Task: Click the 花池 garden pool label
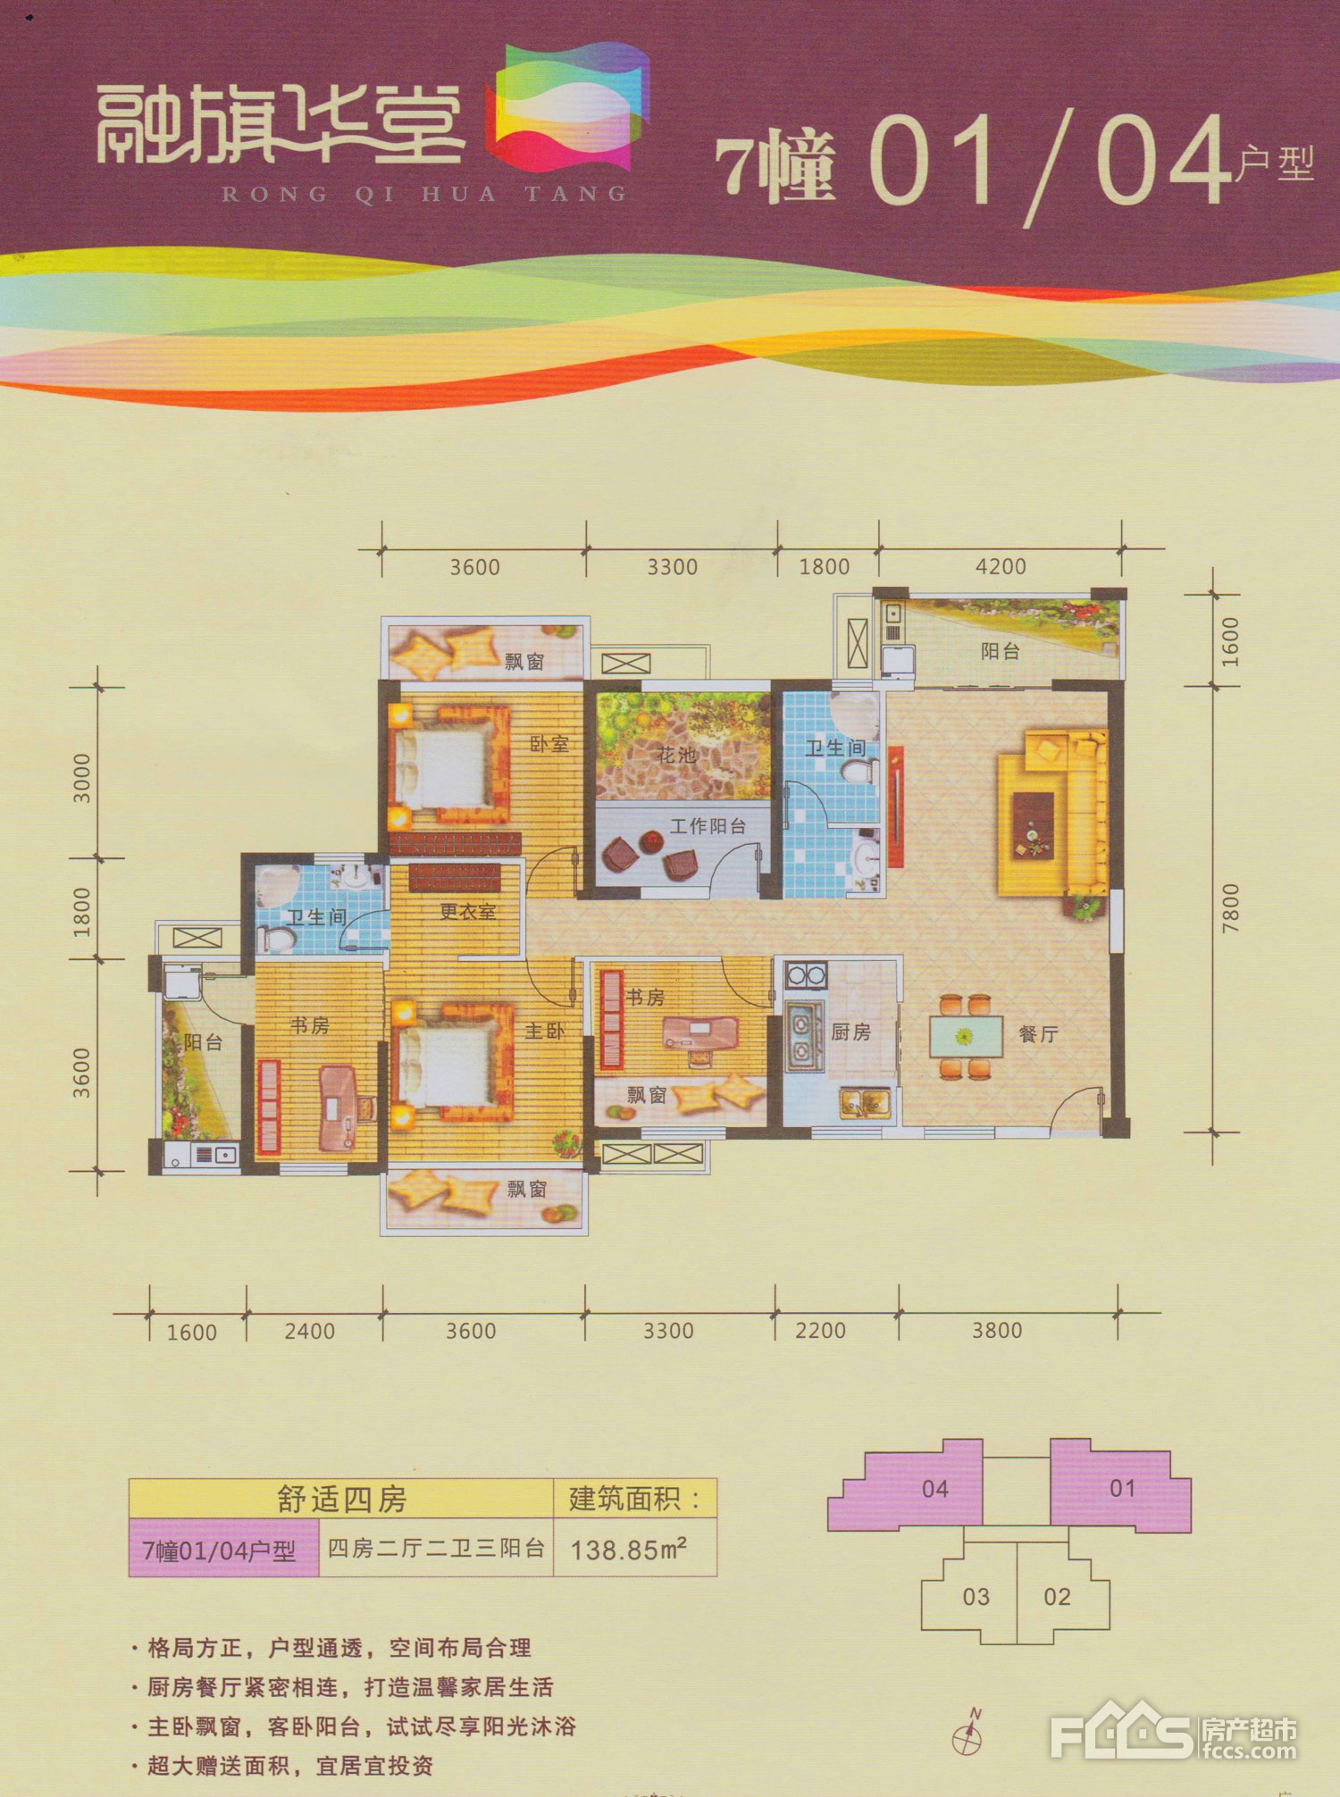coord(676,755)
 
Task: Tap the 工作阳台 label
coord(708,826)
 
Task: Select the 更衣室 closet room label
coord(467,912)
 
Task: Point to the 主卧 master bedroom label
coord(544,1031)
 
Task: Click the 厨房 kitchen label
coord(850,1032)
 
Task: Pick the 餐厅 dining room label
coord(1038,1034)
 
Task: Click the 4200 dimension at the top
coord(1001,566)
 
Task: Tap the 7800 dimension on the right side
coord(1231,908)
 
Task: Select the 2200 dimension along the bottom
coord(820,1331)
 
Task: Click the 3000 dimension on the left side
coord(81,778)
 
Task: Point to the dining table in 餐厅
coord(965,1036)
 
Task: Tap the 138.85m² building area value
coord(629,1549)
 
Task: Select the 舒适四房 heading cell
coord(341,1499)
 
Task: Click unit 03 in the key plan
coord(976,1596)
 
